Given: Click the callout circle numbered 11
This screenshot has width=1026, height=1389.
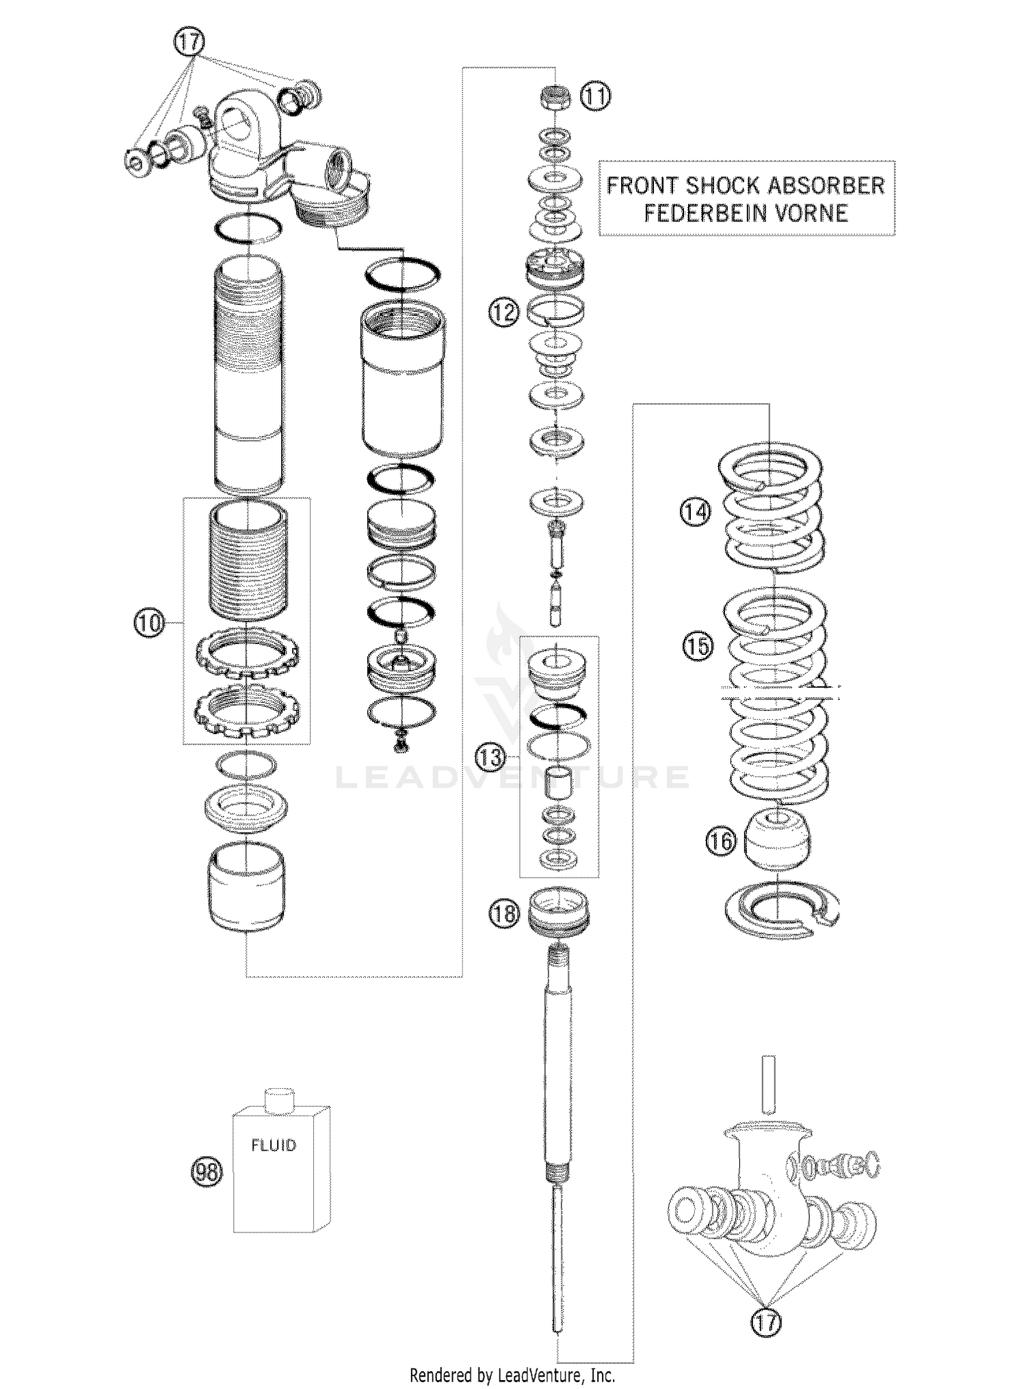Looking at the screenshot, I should click(596, 96).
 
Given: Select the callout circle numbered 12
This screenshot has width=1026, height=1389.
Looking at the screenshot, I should click(503, 312).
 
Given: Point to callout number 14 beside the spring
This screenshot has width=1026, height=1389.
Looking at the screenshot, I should click(696, 511).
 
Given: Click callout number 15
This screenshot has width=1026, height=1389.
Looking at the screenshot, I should click(698, 646).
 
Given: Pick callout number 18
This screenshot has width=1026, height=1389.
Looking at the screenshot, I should click(504, 913).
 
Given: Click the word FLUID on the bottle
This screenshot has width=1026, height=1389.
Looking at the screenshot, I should click(274, 1145).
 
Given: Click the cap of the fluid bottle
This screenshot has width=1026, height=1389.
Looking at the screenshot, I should click(278, 1100).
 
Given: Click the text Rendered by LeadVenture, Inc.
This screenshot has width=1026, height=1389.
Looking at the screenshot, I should click(512, 1374).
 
